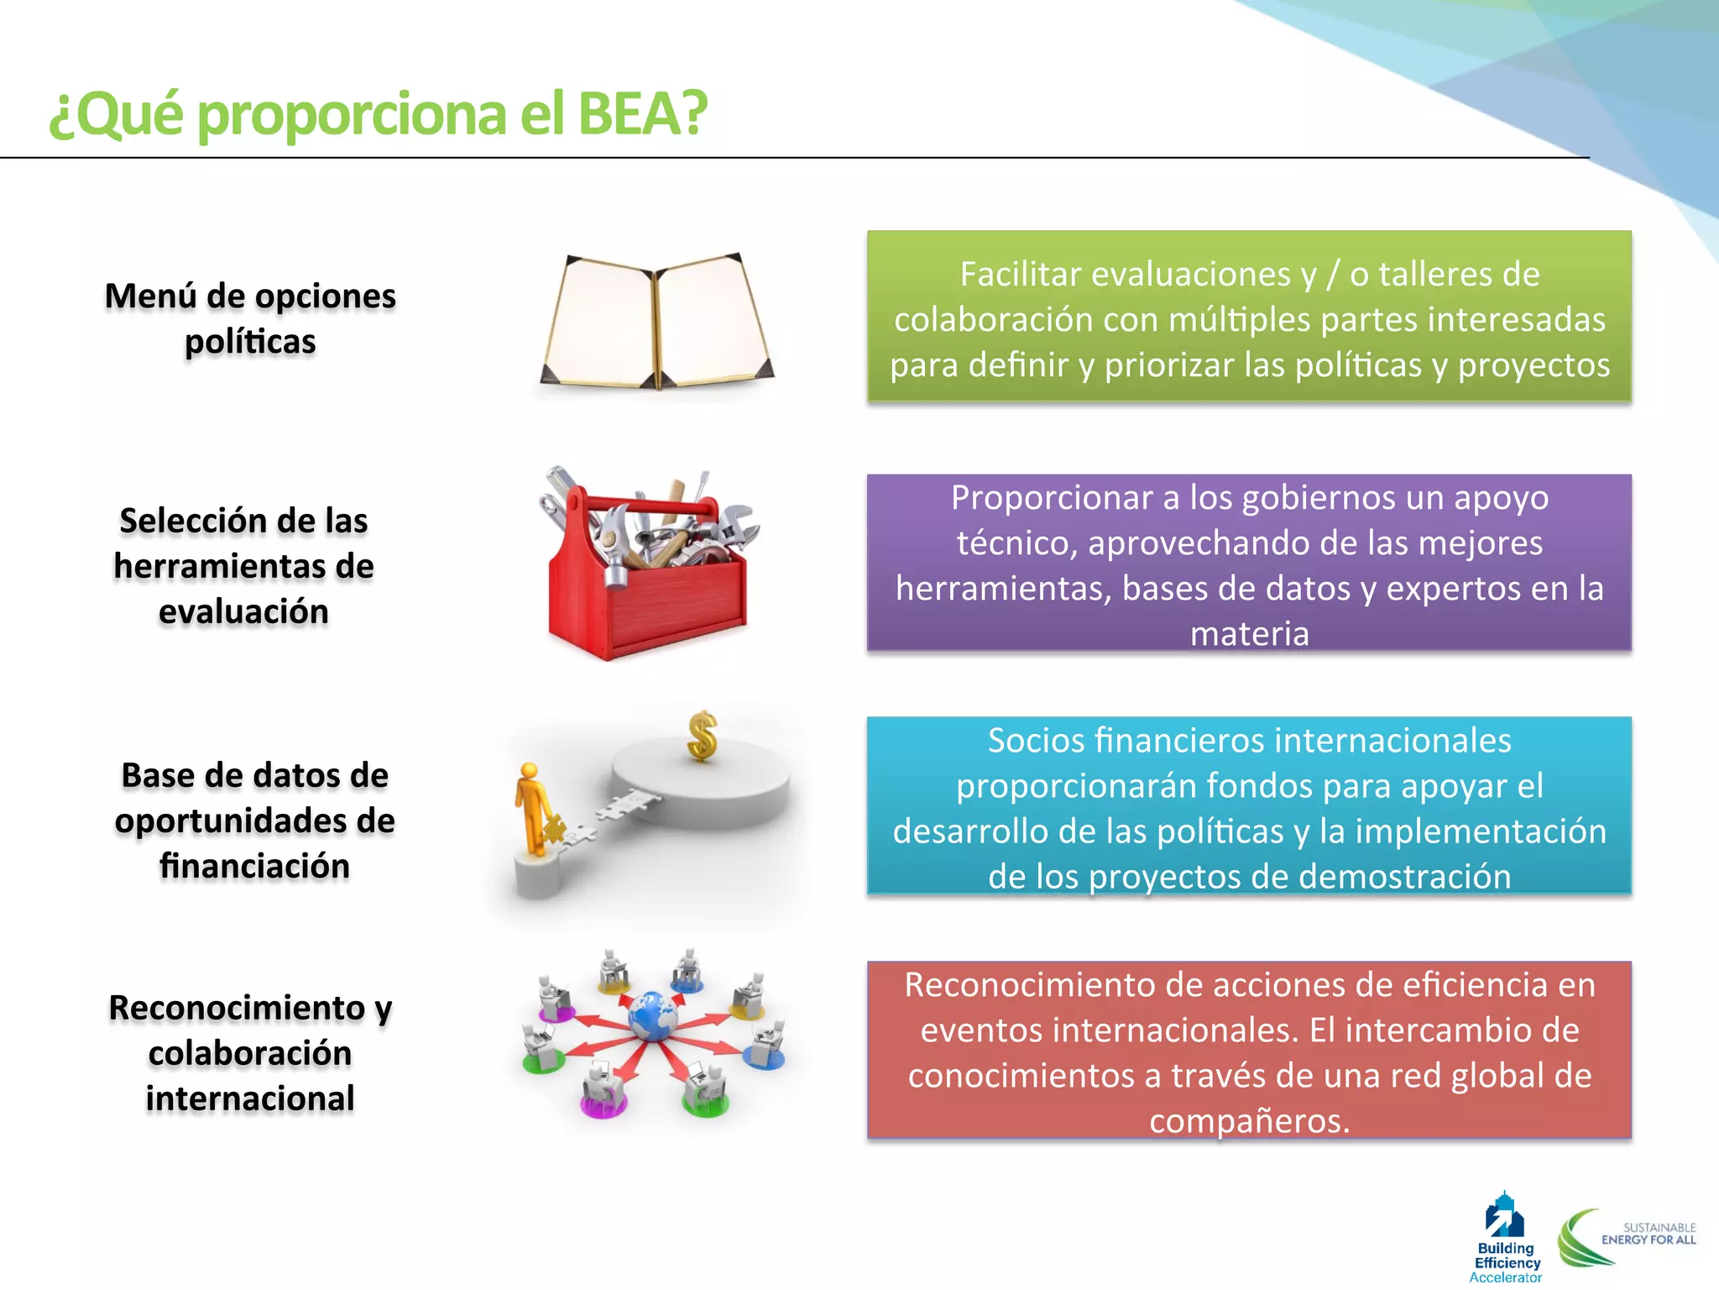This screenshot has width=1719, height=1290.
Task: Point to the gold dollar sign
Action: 702,736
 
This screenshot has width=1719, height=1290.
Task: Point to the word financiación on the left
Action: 254,866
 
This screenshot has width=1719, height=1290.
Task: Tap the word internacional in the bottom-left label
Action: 250,1099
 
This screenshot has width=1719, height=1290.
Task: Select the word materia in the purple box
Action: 1249,634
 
